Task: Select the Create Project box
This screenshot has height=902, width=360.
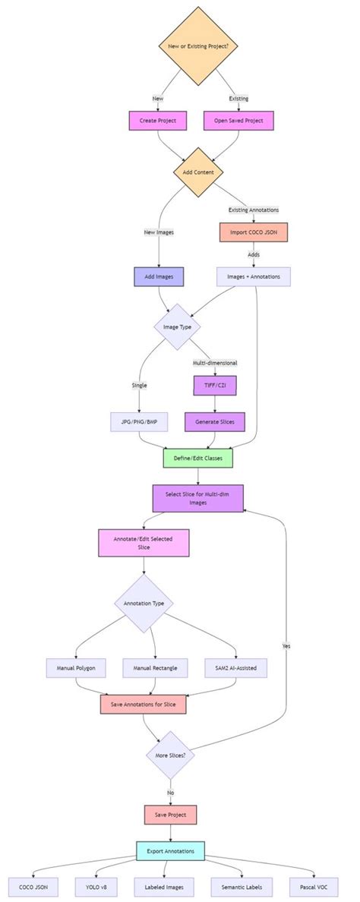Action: (158, 121)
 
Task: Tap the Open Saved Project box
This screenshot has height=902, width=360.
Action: (238, 121)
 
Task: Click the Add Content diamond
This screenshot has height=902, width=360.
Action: (197, 172)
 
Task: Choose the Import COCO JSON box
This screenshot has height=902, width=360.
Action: (253, 232)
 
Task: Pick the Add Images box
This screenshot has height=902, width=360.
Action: (159, 277)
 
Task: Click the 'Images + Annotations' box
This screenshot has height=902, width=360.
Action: (253, 277)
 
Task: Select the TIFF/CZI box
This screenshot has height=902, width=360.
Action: (216, 386)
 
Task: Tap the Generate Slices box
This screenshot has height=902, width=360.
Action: (216, 421)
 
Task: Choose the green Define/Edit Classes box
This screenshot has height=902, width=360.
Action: (197, 459)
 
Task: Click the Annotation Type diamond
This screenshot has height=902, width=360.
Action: (144, 604)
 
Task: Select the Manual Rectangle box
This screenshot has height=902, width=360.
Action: (156, 668)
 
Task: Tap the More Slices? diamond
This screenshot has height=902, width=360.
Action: (170, 755)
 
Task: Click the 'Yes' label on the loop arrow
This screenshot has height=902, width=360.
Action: (286, 645)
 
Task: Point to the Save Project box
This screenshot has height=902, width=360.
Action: (170, 815)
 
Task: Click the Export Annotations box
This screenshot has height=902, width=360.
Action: (170, 851)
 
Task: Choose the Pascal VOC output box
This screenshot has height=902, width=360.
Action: (313, 887)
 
